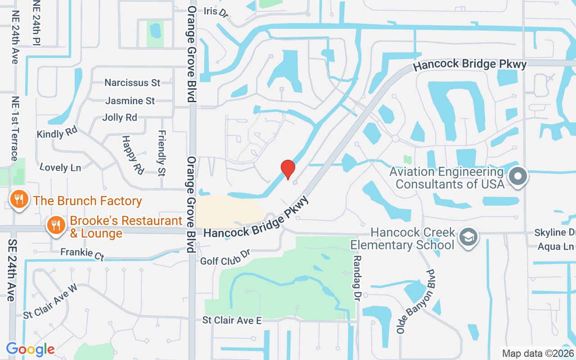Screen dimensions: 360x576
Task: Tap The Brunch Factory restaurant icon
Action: tap(19, 200)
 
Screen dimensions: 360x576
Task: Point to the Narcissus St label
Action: tap(132, 83)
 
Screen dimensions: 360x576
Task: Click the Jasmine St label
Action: tap(130, 101)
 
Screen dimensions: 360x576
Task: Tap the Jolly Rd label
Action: tap(120, 117)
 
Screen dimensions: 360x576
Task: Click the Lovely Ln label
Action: tap(60, 167)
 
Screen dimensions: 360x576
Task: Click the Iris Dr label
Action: tap(216, 12)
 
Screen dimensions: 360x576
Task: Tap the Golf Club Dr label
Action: tap(225, 257)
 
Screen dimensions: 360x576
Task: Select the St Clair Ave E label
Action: tap(232, 320)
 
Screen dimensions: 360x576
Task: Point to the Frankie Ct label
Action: tap(82, 254)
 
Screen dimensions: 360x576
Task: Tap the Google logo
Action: tap(30, 349)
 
